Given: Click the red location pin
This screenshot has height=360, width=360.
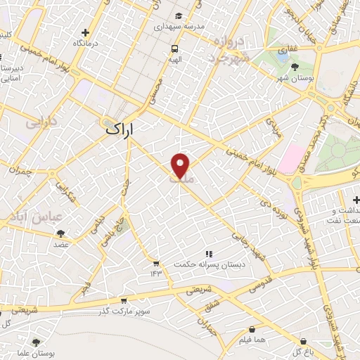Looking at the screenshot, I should [181, 165].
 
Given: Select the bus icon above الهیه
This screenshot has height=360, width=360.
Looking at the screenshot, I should [174, 49].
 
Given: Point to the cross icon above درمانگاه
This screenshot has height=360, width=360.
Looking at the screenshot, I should [86, 32].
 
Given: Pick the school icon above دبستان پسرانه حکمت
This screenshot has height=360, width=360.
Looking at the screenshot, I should [208, 253].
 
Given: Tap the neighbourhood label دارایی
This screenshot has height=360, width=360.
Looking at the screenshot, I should [40, 122].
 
